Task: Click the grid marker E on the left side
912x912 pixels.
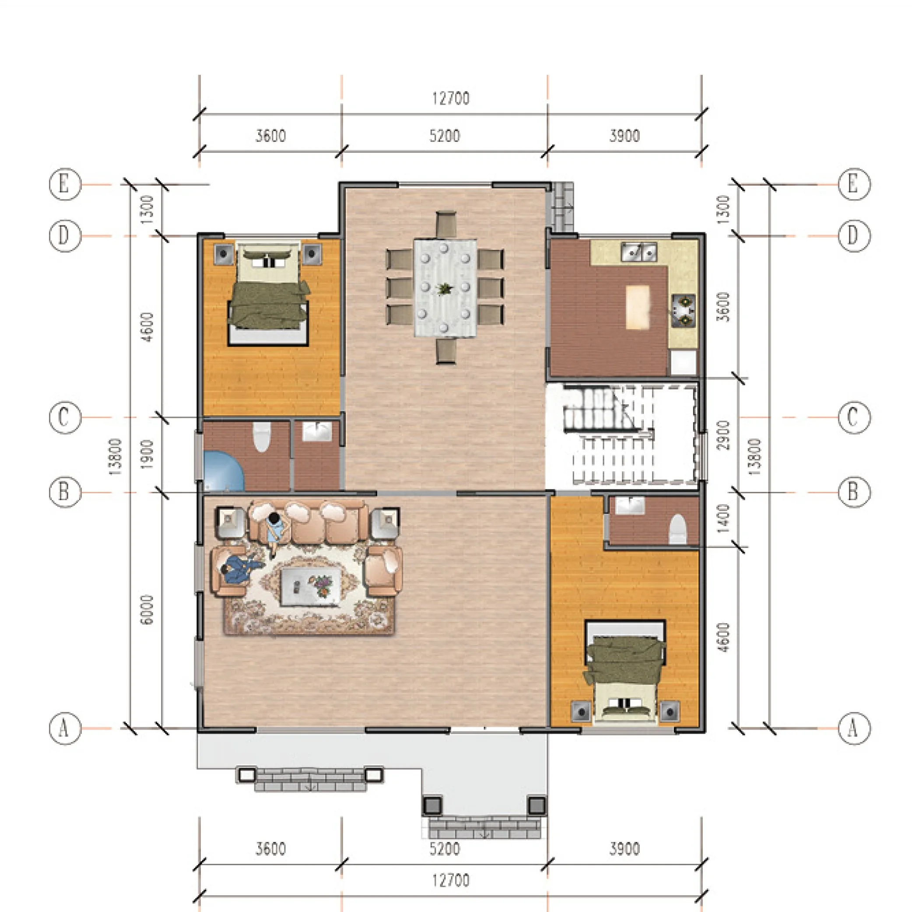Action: (x=65, y=184)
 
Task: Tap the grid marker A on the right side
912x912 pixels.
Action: (x=853, y=728)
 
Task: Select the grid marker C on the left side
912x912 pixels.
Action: (x=65, y=417)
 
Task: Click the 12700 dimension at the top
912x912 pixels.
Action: (x=451, y=98)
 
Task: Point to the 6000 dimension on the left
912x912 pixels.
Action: (x=147, y=610)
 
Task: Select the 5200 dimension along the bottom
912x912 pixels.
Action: (x=445, y=849)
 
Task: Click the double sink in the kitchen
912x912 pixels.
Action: (x=638, y=252)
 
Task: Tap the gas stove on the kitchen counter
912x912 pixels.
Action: (x=684, y=311)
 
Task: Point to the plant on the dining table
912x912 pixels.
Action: (x=444, y=288)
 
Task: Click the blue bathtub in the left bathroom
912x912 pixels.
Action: (x=223, y=470)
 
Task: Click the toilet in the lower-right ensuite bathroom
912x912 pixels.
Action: (x=677, y=529)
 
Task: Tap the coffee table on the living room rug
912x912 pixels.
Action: (x=311, y=586)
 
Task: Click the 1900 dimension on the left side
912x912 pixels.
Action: (x=147, y=454)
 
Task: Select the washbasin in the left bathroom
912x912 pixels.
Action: (x=317, y=431)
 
